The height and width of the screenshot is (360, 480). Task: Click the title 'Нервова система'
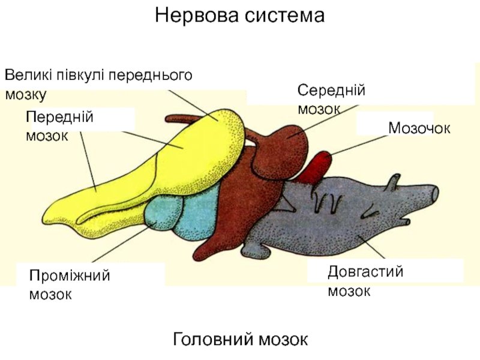click(x=239, y=15)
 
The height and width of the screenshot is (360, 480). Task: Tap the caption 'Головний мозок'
click(x=241, y=339)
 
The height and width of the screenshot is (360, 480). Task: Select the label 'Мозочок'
click(x=419, y=128)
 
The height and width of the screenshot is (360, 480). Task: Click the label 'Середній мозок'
click(x=331, y=100)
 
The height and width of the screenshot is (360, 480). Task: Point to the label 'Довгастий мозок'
click(x=365, y=281)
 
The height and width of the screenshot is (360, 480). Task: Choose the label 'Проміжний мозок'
click(x=70, y=284)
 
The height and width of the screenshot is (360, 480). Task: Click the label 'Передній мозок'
click(x=59, y=126)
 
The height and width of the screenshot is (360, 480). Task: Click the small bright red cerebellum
click(x=316, y=167)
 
